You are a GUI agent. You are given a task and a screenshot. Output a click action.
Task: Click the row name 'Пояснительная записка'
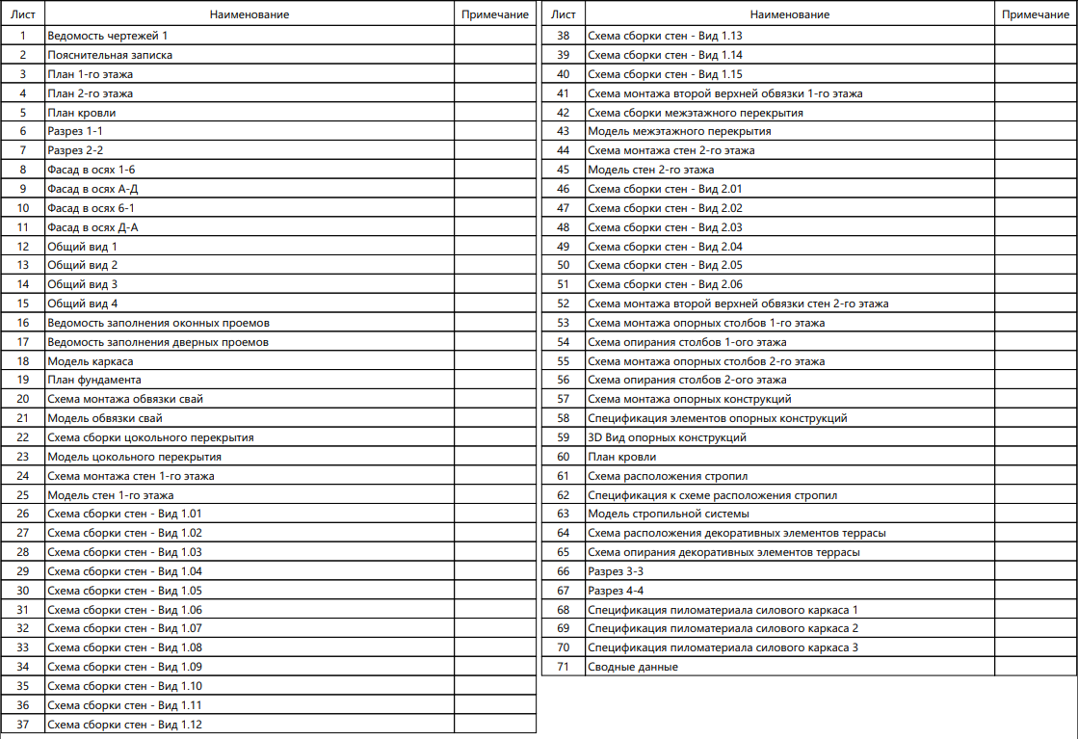click(x=111, y=55)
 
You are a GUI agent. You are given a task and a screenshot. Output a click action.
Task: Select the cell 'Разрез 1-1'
click(x=75, y=131)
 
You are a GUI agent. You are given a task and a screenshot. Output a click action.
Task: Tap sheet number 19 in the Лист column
click(x=23, y=380)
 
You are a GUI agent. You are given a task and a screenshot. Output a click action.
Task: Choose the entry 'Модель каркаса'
click(x=91, y=361)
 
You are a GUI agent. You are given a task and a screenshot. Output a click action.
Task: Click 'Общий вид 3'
click(x=83, y=284)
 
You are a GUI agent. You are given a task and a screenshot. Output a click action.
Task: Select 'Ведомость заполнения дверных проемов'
click(x=158, y=342)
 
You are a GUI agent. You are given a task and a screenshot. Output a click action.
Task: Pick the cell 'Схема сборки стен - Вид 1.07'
click(x=124, y=628)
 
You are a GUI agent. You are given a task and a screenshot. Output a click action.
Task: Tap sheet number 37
click(x=23, y=725)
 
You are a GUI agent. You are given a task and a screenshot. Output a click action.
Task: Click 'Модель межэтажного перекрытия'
click(x=679, y=131)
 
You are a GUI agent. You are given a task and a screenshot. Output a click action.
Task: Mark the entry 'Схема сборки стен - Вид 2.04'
click(x=665, y=246)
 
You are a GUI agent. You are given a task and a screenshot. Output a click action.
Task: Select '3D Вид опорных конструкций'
click(x=667, y=437)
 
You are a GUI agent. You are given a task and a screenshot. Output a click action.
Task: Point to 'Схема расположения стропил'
click(x=668, y=476)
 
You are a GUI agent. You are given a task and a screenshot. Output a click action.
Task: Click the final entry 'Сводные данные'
click(x=633, y=667)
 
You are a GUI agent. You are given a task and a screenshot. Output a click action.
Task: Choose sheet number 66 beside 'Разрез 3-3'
click(x=564, y=571)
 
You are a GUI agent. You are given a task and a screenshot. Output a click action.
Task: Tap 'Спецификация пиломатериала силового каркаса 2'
click(x=723, y=628)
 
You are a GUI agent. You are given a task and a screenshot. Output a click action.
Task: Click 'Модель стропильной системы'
click(x=669, y=514)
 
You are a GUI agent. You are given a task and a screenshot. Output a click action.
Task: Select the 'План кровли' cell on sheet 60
click(x=622, y=457)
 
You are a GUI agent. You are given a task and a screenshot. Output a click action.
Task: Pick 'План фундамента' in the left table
click(x=94, y=380)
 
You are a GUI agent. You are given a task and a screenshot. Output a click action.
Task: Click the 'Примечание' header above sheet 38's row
click(x=1036, y=14)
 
